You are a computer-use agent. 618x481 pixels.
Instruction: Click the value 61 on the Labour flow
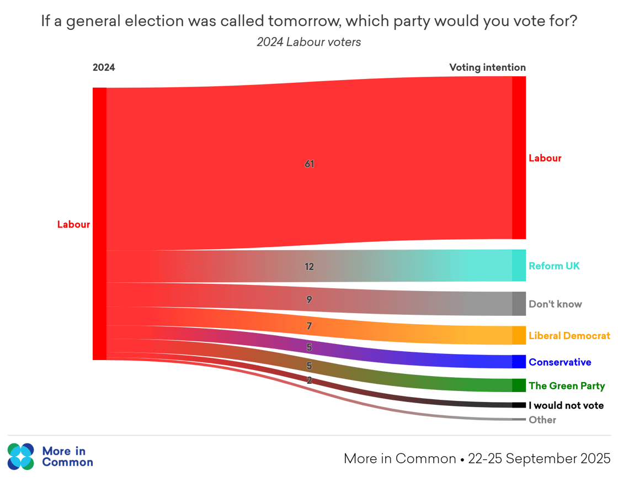click(x=309, y=164)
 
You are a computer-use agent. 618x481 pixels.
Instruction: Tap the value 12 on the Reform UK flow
click(x=309, y=267)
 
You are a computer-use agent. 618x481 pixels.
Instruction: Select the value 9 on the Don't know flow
click(x=309, y=300)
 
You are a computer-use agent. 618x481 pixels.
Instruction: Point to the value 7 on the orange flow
click(x=309, y=326)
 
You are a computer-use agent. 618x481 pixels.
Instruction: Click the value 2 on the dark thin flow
click(x=309, y=380)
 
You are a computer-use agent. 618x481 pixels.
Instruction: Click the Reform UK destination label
click(x=554, y=266)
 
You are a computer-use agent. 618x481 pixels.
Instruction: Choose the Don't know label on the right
click(x=555, y=304)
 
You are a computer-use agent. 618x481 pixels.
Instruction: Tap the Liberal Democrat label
click(x=569, y=335)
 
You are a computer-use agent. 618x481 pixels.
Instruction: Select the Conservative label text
click(x=560, y=362)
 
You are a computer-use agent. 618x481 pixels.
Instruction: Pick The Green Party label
click(x=567, y=385)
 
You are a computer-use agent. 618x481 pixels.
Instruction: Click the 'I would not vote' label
click(x=566, y=405)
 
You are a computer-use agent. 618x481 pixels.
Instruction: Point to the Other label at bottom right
click(x=542, y=420)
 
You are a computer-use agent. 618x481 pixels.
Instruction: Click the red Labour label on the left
click(x=73, y=225)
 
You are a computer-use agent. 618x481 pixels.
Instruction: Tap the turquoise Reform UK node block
click(x=519, y=266)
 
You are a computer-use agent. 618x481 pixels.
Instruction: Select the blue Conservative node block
click(x=519, y=362)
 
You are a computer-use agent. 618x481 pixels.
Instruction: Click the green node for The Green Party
click(x=519, y=385)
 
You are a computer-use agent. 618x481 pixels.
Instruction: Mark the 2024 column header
click(x=104, y=67)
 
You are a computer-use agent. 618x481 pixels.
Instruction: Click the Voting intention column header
click(x=487, y=67)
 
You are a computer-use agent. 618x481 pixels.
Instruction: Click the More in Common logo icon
click(x=21, y=456)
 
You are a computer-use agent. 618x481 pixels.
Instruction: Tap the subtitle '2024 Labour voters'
click(x=309, y=42)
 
